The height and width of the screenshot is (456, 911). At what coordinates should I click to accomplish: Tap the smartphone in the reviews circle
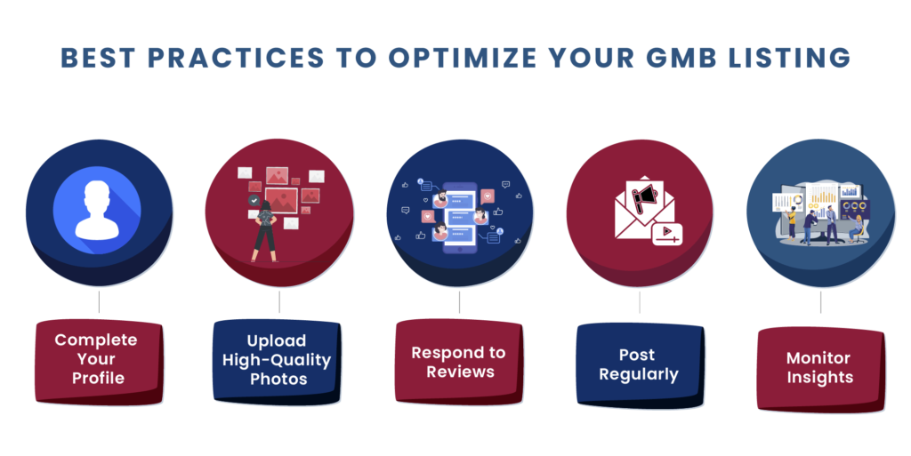pyautogui.click(x=460, y=218)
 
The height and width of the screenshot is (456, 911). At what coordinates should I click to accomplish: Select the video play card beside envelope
pyautogui.click(x=667, y=234)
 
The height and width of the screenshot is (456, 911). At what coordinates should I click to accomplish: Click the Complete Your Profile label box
pyautogui.click(x=99, y=362)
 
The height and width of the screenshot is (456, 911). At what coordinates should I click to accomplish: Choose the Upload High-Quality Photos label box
pyautogui.click(x=277, y=361)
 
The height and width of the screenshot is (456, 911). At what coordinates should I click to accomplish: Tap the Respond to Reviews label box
pyautogui.click(x=459, y=362)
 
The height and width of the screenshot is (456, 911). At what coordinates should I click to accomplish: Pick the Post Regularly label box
pyautogui.click(x=640, y=365)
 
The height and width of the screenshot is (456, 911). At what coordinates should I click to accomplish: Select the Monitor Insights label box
pyautogui.click(x=821, y=369)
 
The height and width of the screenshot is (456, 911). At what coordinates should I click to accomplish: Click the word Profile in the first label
pyautogui.click(x=98, y=379)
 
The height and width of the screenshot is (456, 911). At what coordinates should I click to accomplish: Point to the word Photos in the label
pyautogui.click(x=278, y=380)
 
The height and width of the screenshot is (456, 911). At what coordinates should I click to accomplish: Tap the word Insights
pyautogui.click(x=819, y=378)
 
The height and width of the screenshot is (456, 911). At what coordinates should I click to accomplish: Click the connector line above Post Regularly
pyautogui.click(x=640, y=302)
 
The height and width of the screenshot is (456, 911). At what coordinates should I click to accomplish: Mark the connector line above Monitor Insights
pyautogui.click(x=820, y=302)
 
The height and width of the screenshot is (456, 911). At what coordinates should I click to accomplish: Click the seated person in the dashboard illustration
pyautogui.click(x=856, y=228)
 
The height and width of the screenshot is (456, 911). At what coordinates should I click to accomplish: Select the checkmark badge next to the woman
pyautogui.click(x=254, y=201)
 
